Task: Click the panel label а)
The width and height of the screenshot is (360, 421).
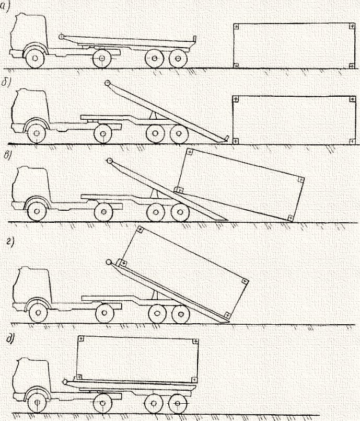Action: click(5, 6)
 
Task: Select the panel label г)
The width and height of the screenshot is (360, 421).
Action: click(10, 242)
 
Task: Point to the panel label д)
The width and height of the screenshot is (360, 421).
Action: click(11, 338)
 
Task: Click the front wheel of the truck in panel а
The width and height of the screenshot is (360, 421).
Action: click(35, 58)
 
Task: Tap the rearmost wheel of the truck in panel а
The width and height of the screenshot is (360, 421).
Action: click(178, 58)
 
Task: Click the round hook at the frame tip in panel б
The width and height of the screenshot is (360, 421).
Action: click(107, 83)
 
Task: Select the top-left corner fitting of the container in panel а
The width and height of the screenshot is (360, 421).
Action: click(236, 27)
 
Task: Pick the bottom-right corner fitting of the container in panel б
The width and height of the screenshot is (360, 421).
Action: click(353, 141)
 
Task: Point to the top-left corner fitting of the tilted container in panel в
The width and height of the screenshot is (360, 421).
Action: click(189, 152)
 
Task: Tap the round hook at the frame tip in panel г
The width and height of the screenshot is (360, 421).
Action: click(109, 262)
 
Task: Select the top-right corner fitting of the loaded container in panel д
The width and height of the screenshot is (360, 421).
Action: click(195, 341)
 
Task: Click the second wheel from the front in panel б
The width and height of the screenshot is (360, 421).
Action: click(103, 133)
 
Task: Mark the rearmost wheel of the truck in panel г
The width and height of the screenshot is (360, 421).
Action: click(181, 314)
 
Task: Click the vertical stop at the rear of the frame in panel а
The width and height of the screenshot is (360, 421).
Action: click(194, 39)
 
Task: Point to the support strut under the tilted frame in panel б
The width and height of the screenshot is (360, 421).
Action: click(153, 116)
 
